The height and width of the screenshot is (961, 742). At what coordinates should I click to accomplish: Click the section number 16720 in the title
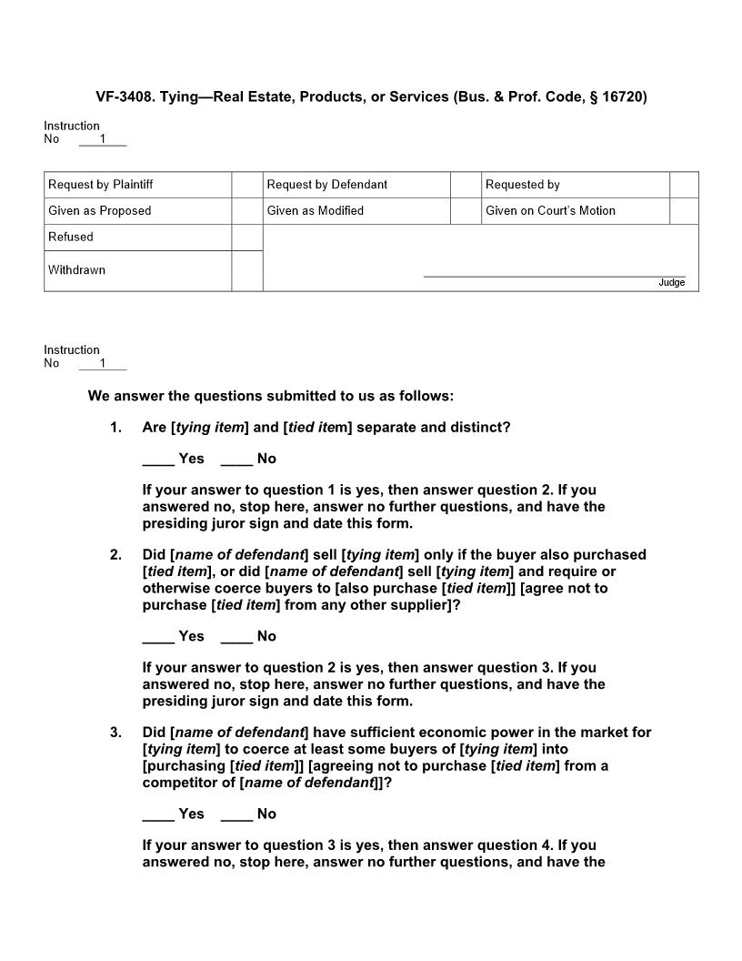[x=623, y=96]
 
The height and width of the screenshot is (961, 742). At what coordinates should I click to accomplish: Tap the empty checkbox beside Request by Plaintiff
[x=246, y=185]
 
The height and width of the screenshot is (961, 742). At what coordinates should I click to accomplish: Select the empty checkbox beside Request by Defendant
[x=466, y=185]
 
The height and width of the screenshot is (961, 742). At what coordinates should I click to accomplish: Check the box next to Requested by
[x=684, y=185]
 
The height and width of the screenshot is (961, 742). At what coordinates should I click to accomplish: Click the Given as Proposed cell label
[x=100, y=211]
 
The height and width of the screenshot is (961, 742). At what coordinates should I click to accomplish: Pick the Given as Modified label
[x=315, y=211]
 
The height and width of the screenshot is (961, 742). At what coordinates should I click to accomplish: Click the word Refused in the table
[x=71, y=237]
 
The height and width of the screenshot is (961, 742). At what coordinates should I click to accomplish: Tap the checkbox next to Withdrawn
[x=246, y=270]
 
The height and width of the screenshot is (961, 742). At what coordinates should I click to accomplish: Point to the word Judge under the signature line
[x=671, y=283]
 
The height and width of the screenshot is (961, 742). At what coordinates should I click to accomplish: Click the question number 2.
[x=115, y=555]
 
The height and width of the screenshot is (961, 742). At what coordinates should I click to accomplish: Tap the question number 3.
[x=115, y=733]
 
